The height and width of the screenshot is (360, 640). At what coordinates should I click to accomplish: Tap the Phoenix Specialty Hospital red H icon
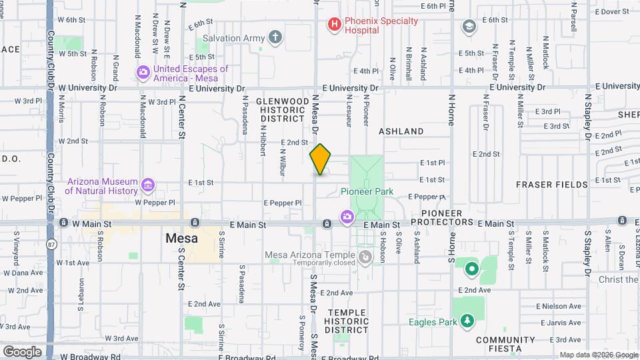(x=334, y=25)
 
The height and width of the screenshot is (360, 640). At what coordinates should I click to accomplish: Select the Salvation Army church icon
(x=275, y=37)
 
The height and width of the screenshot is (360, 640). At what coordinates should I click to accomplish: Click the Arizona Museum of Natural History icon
(x=148, y=185)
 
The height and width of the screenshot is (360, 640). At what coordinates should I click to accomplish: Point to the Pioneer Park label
(x=367, y=192)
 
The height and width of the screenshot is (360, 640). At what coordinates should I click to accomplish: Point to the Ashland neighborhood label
(x=401, y=131)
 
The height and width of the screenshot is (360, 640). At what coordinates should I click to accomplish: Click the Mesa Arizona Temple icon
(x=365, y=257)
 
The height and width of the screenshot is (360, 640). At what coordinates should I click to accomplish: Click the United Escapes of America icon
(x=143, y=73)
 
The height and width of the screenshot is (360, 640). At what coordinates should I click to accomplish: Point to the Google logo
(x=22, y=351)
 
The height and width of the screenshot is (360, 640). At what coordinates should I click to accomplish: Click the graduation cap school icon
(x=469, y=26)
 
